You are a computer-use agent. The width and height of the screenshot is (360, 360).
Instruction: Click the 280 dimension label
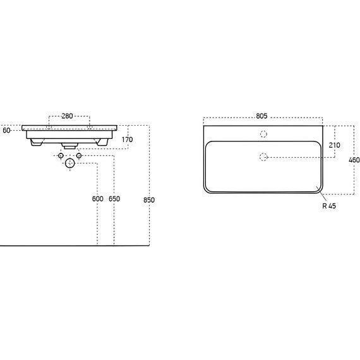tap(68, 116)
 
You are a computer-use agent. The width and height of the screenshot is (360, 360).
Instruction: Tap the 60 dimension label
tap(6, 130)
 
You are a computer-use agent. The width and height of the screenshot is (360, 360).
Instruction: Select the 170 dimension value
tap(127, 140)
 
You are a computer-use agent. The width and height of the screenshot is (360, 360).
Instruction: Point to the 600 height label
tap(97, 199)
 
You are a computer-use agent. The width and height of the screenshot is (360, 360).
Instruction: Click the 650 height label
tap(114, 199)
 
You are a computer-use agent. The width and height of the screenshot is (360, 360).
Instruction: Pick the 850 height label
tap(149, 200)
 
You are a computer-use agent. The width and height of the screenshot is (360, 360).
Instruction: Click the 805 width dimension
tap(261, 116)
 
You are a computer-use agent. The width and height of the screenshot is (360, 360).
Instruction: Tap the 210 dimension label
tap(335, 145)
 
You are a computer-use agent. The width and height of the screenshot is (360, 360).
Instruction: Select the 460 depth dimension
tap(354, 160)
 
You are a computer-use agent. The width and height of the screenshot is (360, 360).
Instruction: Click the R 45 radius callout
tap(329, 206)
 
